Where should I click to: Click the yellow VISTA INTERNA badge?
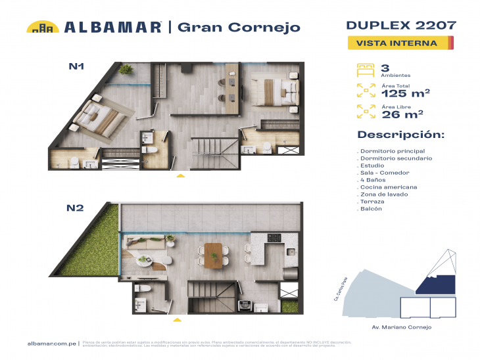[400, 43]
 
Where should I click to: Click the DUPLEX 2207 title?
[400, 26]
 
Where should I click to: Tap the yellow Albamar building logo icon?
[43, 27]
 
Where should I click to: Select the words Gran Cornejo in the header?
[239, 27]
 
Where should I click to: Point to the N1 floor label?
[76, 66]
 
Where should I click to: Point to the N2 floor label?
[74, 208]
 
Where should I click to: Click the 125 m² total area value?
[406, 93]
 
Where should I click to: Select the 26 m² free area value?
[402, 114]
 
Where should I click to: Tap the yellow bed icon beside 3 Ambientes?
[364, 68]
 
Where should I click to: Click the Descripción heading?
[400, 135]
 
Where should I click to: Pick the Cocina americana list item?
[389, 187]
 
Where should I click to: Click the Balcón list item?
[372, 209]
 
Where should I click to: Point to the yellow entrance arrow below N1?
[181, 176]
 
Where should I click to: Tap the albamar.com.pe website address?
[51, 344]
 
